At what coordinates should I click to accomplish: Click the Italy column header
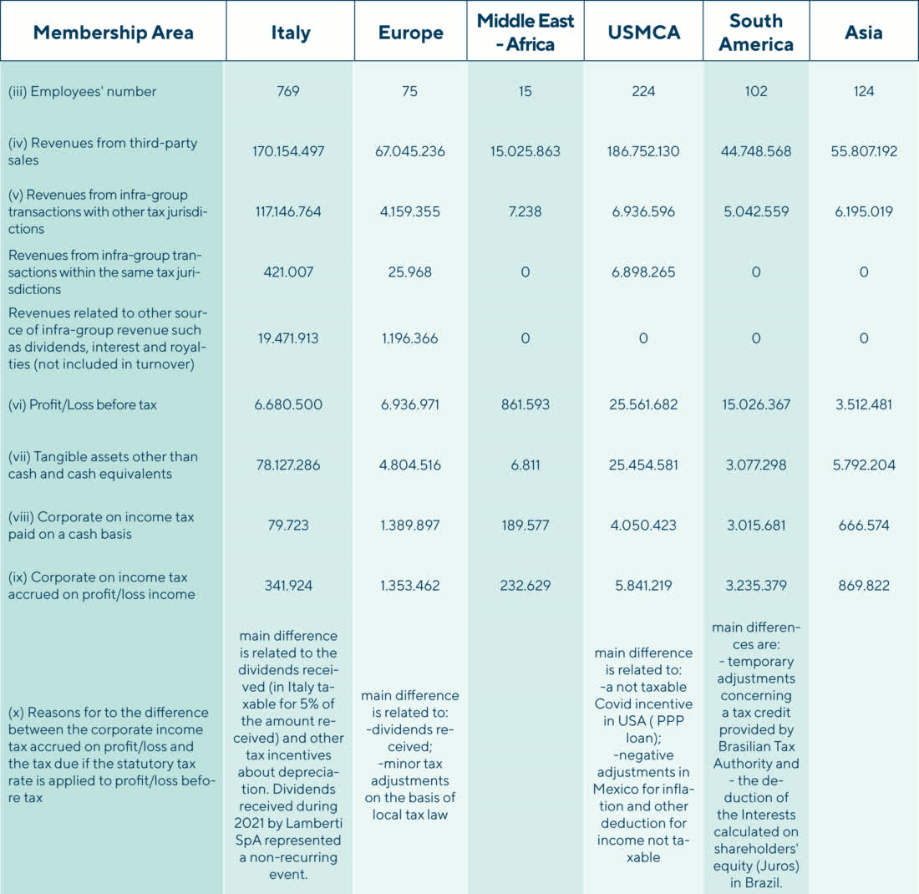tap(290, 33)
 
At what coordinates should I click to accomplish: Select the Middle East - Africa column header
tap(525, 33)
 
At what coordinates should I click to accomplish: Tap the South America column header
tap(756, 33)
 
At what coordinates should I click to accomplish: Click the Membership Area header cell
tap(113, 33)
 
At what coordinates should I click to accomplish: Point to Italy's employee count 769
tap(288, 91)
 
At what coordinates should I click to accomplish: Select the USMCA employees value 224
tap(642, 91)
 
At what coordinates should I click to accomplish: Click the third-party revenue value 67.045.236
tap(409, 152)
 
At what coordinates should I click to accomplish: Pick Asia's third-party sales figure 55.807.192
tap(863, 152)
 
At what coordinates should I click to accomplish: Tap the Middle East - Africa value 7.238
tap(525, 212)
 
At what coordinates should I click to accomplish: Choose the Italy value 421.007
tap(288, 272)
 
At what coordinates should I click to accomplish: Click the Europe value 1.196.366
tap(409, 338)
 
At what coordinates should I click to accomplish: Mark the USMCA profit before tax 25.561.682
tap(642, 404)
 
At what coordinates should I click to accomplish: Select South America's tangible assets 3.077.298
tap(756, 465)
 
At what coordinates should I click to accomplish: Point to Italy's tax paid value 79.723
tap(288, 525)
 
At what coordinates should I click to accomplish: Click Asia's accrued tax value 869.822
tap(863, 585)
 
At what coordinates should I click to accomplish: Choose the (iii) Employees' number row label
tap(82, 91)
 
